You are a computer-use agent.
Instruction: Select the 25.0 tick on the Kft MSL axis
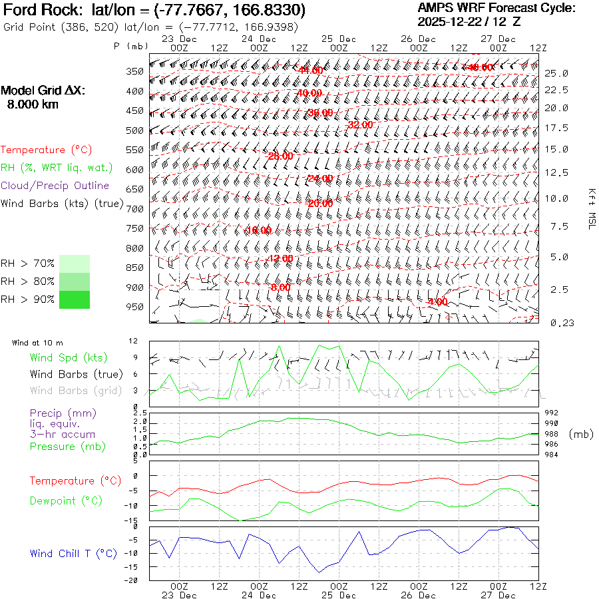point(556,73)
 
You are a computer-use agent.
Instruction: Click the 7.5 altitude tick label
point(559,227)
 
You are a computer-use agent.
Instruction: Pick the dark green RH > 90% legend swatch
point(75,299)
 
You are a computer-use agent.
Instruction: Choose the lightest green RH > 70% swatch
point(75,264)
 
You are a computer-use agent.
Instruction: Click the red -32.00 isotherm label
point(360,124)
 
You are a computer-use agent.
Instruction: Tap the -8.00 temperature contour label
point(280,288)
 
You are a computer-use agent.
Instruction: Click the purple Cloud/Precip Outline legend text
point(55,186)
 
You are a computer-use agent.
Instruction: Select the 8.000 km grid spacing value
point(33,104)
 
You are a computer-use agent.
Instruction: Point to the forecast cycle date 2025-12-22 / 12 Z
point(470,21)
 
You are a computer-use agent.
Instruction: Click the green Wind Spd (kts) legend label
point(68,358)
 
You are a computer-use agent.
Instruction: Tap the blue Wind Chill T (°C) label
point(73,553)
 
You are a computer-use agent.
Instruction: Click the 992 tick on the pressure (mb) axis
point(552,413)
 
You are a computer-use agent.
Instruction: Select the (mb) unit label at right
point(580,434)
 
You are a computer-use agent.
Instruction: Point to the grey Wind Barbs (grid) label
point(76,390)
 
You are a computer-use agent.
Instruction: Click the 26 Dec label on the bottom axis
point(418,595)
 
